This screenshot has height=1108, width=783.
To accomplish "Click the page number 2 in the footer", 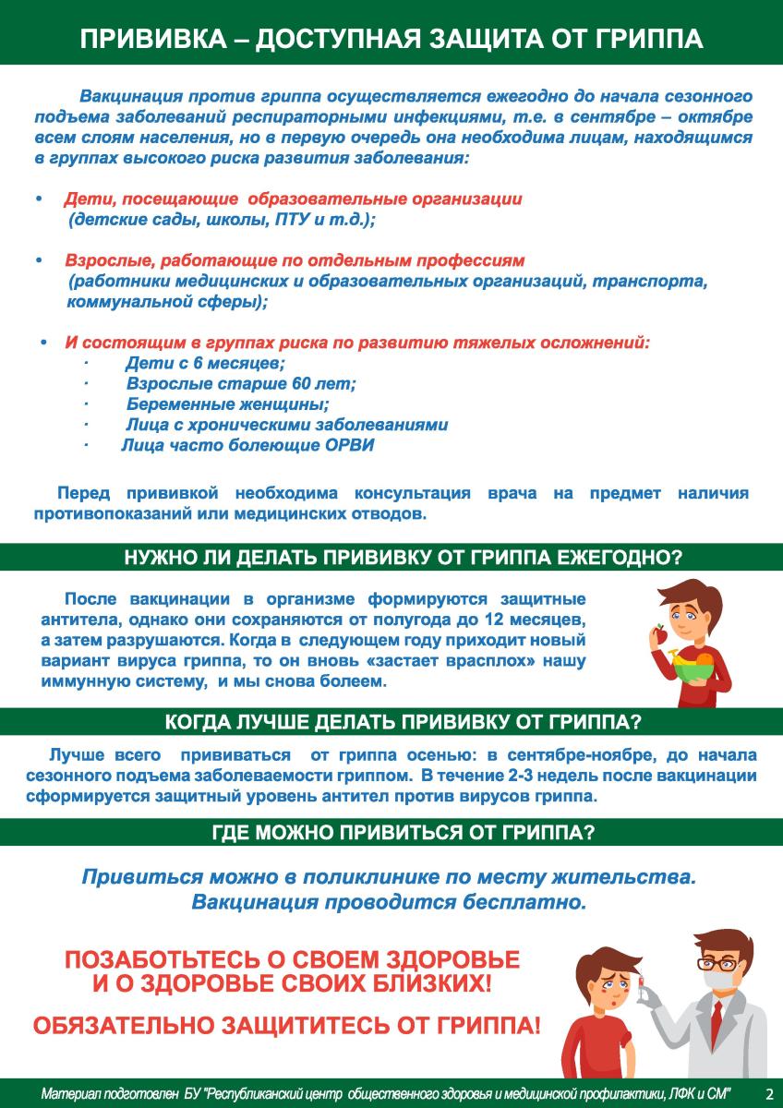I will [768, 1093].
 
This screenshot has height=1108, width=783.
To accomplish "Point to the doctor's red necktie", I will [717, 1026].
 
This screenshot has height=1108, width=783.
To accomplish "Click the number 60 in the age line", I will [290, 384].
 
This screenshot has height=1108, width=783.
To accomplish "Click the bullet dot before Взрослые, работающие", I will [39, 262].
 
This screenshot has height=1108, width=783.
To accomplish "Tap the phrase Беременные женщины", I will [227, 404].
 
